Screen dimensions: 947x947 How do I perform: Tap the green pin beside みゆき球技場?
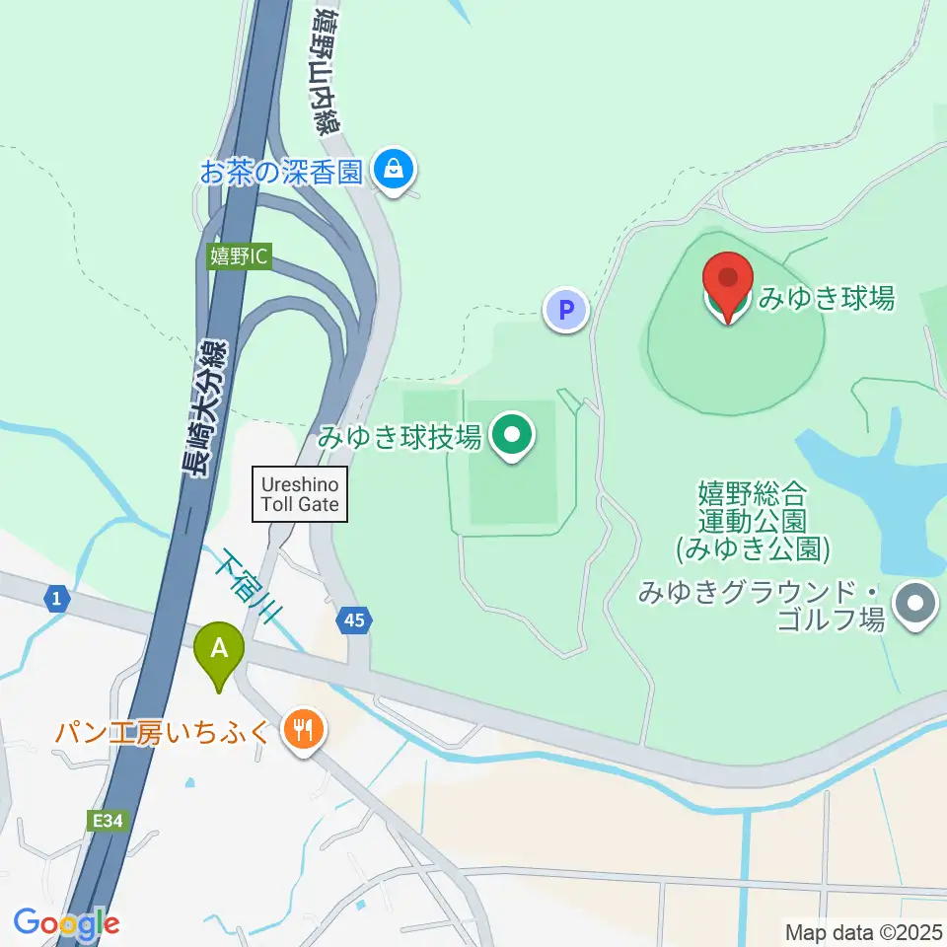coord(512,435)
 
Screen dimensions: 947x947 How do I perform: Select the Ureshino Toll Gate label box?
coord(301,494)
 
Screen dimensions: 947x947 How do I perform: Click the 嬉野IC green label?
coord(239,256)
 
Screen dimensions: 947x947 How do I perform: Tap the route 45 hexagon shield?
coord(354,620)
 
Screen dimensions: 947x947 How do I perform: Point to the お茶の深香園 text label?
coord(282,173)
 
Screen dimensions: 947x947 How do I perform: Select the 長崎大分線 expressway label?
coord(204,407)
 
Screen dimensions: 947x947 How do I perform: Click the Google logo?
coord(66,923)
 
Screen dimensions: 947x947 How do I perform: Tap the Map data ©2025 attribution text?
coord(864,930)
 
